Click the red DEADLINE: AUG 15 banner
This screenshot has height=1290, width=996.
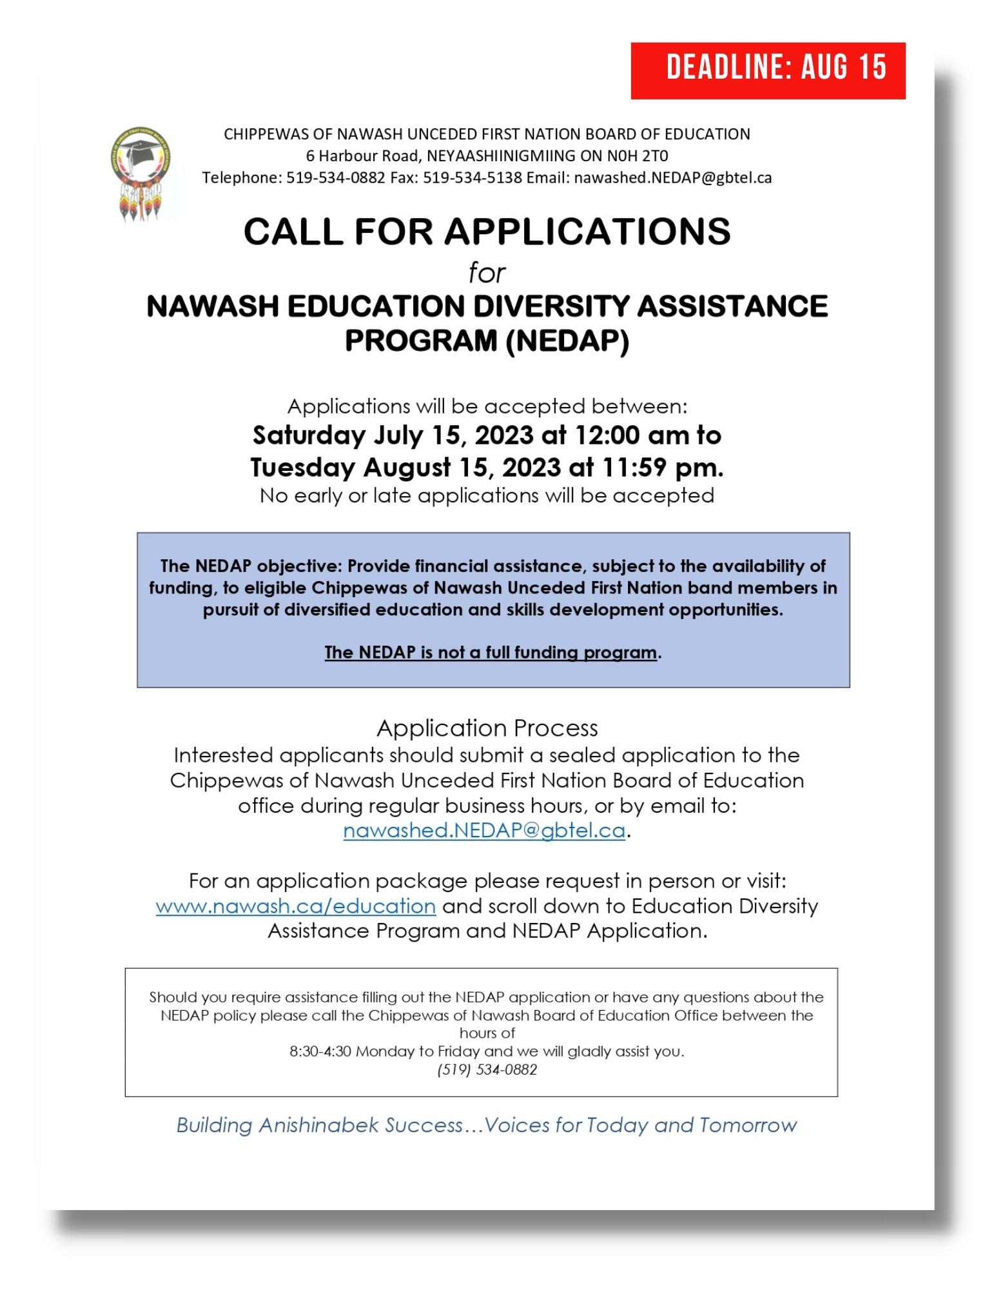point(768,70)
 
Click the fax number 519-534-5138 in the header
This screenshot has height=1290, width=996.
point(472,177)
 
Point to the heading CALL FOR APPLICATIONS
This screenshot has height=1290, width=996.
point(487,232)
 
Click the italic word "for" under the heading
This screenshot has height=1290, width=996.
point(487,273)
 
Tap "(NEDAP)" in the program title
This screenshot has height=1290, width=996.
point(567,341)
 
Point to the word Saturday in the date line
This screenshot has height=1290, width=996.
point(309,435)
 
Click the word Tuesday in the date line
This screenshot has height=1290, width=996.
point(302,467)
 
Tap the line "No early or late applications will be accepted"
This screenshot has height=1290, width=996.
point(487,495)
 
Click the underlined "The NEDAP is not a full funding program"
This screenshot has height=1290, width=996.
point(491,652)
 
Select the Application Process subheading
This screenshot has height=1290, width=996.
point(487,728)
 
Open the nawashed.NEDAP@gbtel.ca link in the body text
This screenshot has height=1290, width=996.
point(483,831)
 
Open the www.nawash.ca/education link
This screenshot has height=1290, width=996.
point(295,906)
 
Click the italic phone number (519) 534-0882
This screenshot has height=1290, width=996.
point(487,1069)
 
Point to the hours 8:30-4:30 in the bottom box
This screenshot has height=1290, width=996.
point(320,1051)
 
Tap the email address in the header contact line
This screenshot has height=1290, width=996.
point(672,177)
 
